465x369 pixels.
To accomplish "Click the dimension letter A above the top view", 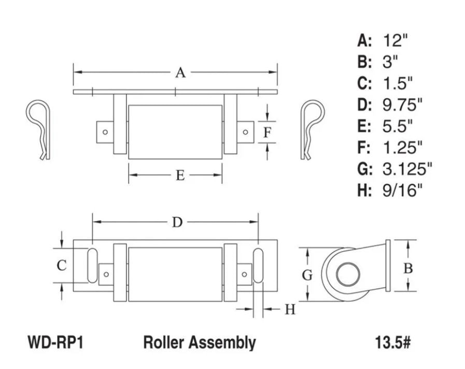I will click(x=180, y=72).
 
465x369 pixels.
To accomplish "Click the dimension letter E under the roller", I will click(x=179, y=175).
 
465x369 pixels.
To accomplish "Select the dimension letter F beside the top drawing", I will click(x=267, y=133).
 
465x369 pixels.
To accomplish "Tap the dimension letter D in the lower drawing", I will click(x=177, y=222).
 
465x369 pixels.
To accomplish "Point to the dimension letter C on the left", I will click(x=62, y=265).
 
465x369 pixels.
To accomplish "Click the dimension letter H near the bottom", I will click(x=290, y=309).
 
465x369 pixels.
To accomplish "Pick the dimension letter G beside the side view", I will click(x=307, y=275).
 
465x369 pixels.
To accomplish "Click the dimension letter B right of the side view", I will click(x=408, y=269).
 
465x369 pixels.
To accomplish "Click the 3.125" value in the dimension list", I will click(x=407, y=169).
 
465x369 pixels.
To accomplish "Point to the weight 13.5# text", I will click(x=392, y=342).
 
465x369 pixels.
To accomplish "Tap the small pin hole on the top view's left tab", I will click(x=105, y=132).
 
